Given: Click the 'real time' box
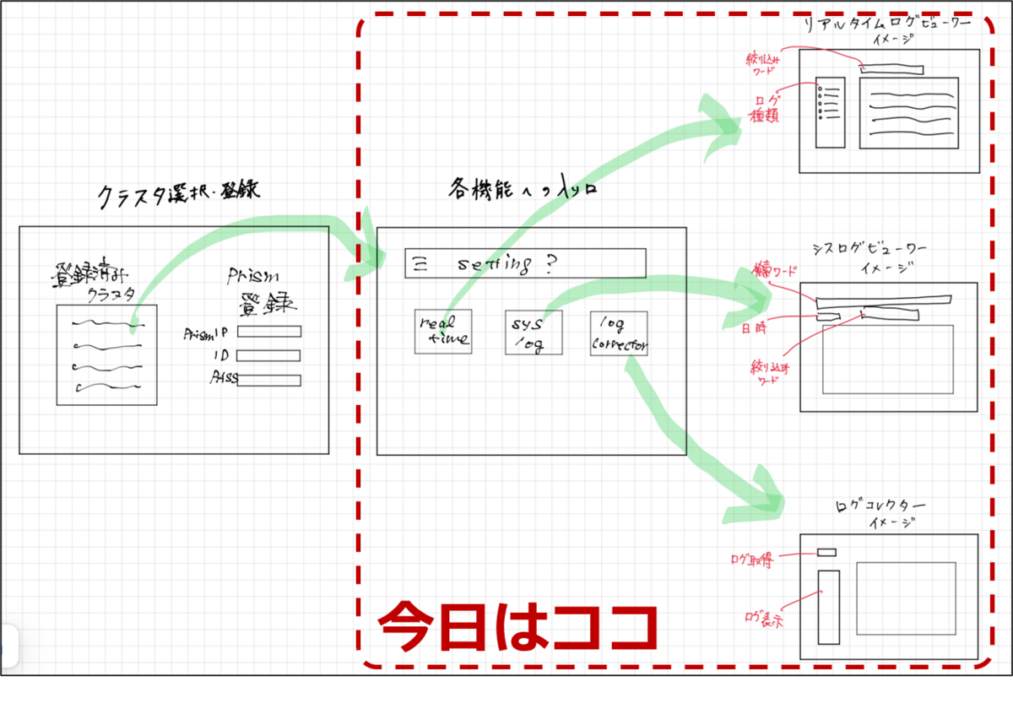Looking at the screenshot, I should point(443,332).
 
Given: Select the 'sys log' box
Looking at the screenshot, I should point(533,332).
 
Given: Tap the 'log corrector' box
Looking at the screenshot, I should point(619,332).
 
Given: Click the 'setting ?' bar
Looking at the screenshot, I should point(525,263).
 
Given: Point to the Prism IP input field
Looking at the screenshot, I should point(268,332).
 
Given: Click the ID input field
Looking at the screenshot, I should point(268,355).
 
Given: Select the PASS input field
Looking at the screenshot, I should point(268,380).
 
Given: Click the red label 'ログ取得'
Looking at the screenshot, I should point(750,560).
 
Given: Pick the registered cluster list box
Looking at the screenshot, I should point(106,354).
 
